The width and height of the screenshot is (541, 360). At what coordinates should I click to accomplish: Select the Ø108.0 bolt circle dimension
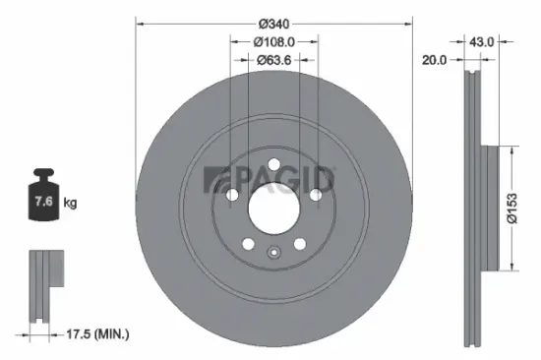point(275,41)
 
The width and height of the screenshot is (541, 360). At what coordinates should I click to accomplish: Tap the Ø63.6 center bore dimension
point(275,60)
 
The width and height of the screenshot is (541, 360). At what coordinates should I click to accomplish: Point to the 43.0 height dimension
point(481,41)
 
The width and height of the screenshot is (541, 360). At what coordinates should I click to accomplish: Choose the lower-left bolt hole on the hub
point(249,244)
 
